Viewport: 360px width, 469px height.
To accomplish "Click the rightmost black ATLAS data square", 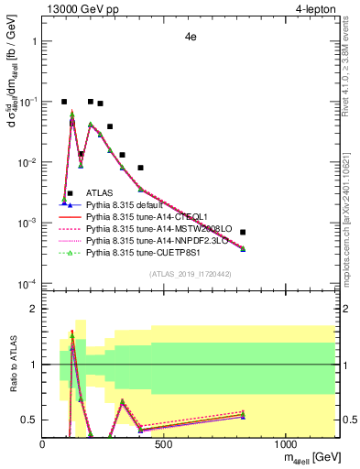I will click(243, 232).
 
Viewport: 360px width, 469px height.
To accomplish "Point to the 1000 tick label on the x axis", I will click(286, 445).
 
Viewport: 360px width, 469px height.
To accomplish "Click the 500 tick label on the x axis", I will click(164, 445).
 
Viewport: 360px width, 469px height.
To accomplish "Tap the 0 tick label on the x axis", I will click(43, 445).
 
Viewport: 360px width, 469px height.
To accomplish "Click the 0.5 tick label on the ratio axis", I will click(29, 420).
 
